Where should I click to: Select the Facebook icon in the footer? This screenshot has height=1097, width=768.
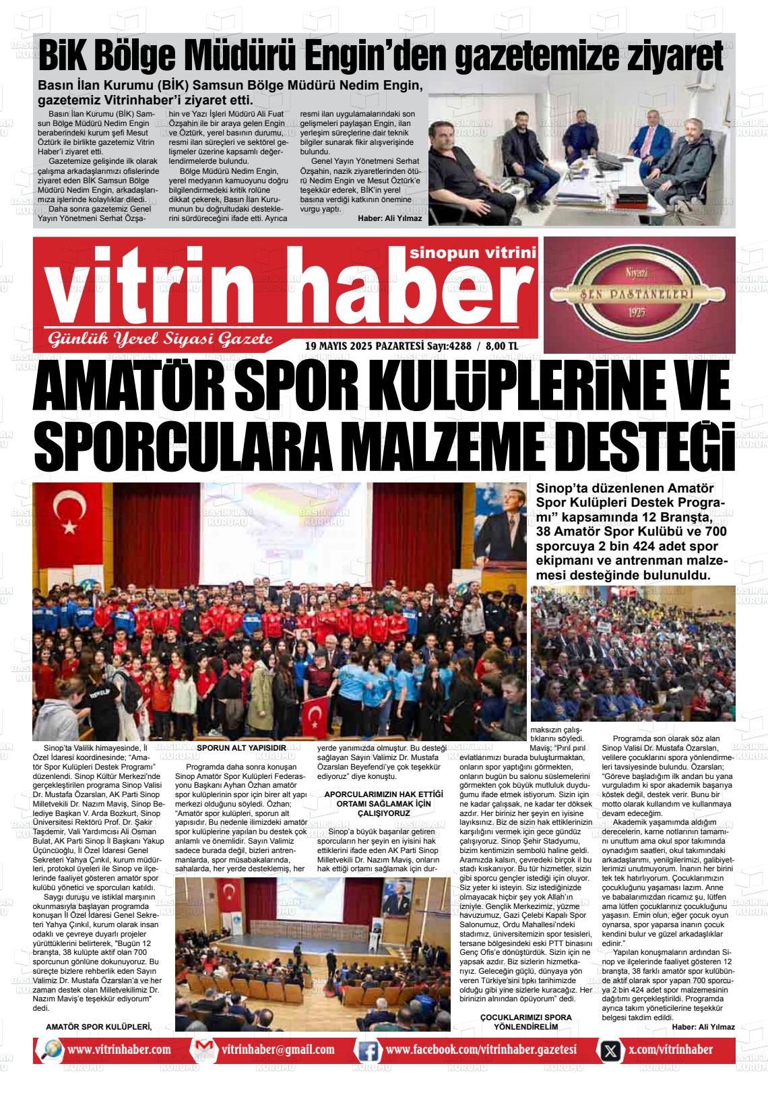click(x=368, y=1050)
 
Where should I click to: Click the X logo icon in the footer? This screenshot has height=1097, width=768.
click(x=610, y=1050)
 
